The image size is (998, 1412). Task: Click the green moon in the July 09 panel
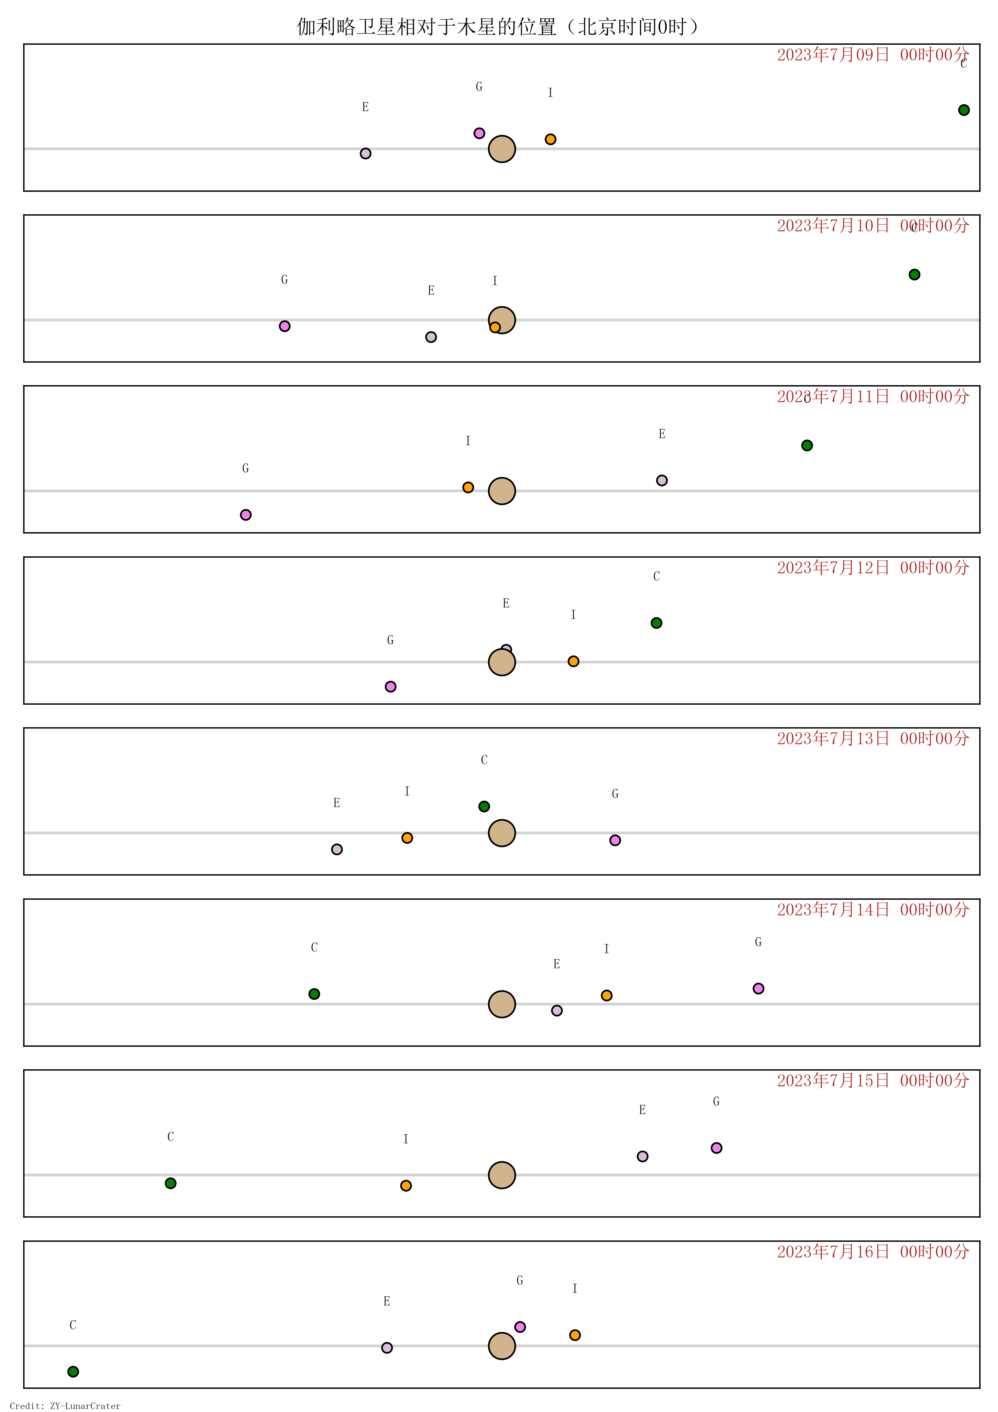click(964, 110)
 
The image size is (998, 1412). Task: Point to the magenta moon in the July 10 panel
click(285, 326)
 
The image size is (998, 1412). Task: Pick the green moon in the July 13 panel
click(484, 806)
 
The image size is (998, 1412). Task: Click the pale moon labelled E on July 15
click(642, 1156)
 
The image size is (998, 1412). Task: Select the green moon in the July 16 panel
click(73, 1372)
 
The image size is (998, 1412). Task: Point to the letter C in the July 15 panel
click(171, 1136)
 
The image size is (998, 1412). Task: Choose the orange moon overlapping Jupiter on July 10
click(495, 327)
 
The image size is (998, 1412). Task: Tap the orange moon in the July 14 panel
click(606, 995)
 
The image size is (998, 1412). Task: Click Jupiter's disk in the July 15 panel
click(502, 1175)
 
